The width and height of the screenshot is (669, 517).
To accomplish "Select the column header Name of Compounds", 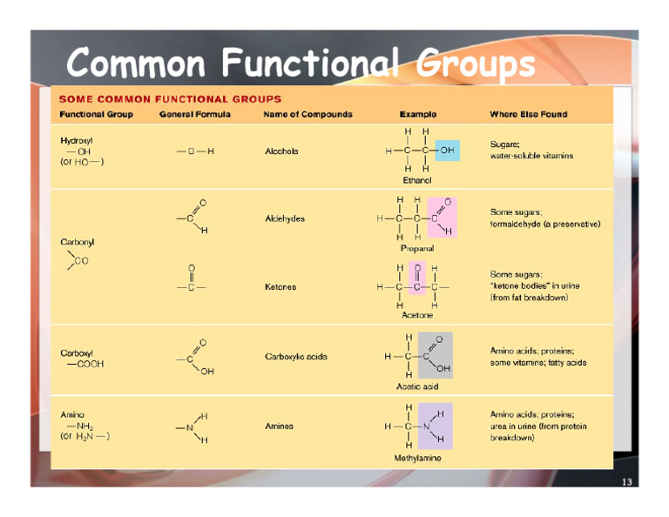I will click(x=307, y=114).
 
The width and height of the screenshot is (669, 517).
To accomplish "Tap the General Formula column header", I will click(x=195, y=114).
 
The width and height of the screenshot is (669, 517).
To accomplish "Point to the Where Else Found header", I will click(x=528, y=114).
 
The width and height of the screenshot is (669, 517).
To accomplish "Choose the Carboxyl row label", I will click(x=78, y=352).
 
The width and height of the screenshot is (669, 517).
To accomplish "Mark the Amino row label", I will click(x=72, y=414).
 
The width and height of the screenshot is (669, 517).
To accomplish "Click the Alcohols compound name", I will click(x=281, y=151).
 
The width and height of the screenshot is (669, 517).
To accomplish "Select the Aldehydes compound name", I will click(x=285, y=218).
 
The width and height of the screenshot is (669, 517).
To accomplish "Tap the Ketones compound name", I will click(x=280, y=286).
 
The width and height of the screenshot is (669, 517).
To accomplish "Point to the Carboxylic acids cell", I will click(x=296, y=357).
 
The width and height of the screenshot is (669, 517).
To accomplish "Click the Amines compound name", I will click(x=279, y=426).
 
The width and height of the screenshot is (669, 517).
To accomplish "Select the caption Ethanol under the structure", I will click(x=417, y=180).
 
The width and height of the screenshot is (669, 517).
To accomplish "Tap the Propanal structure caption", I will click(x=417, y=248).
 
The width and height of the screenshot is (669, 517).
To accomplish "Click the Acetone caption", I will click(x=417, y=315).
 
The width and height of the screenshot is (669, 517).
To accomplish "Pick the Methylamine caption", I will click(x=417, y=458).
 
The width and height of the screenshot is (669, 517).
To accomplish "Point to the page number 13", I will click(x=626, y=482).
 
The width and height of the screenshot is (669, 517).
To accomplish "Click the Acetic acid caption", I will click(x=417, y=386).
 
